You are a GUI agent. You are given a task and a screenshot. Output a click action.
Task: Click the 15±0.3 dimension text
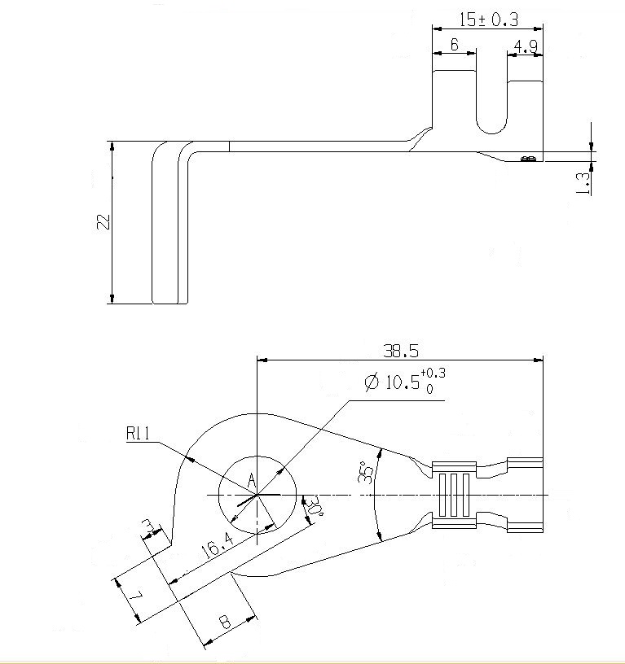point(489,18)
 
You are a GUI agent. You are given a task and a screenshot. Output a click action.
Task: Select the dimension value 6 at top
point(454,45)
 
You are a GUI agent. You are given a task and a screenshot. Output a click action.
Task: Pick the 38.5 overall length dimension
point(401,351)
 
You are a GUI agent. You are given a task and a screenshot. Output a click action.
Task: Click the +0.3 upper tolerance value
point(434,373)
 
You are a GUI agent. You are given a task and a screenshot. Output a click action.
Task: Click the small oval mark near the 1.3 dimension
point(528,158)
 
